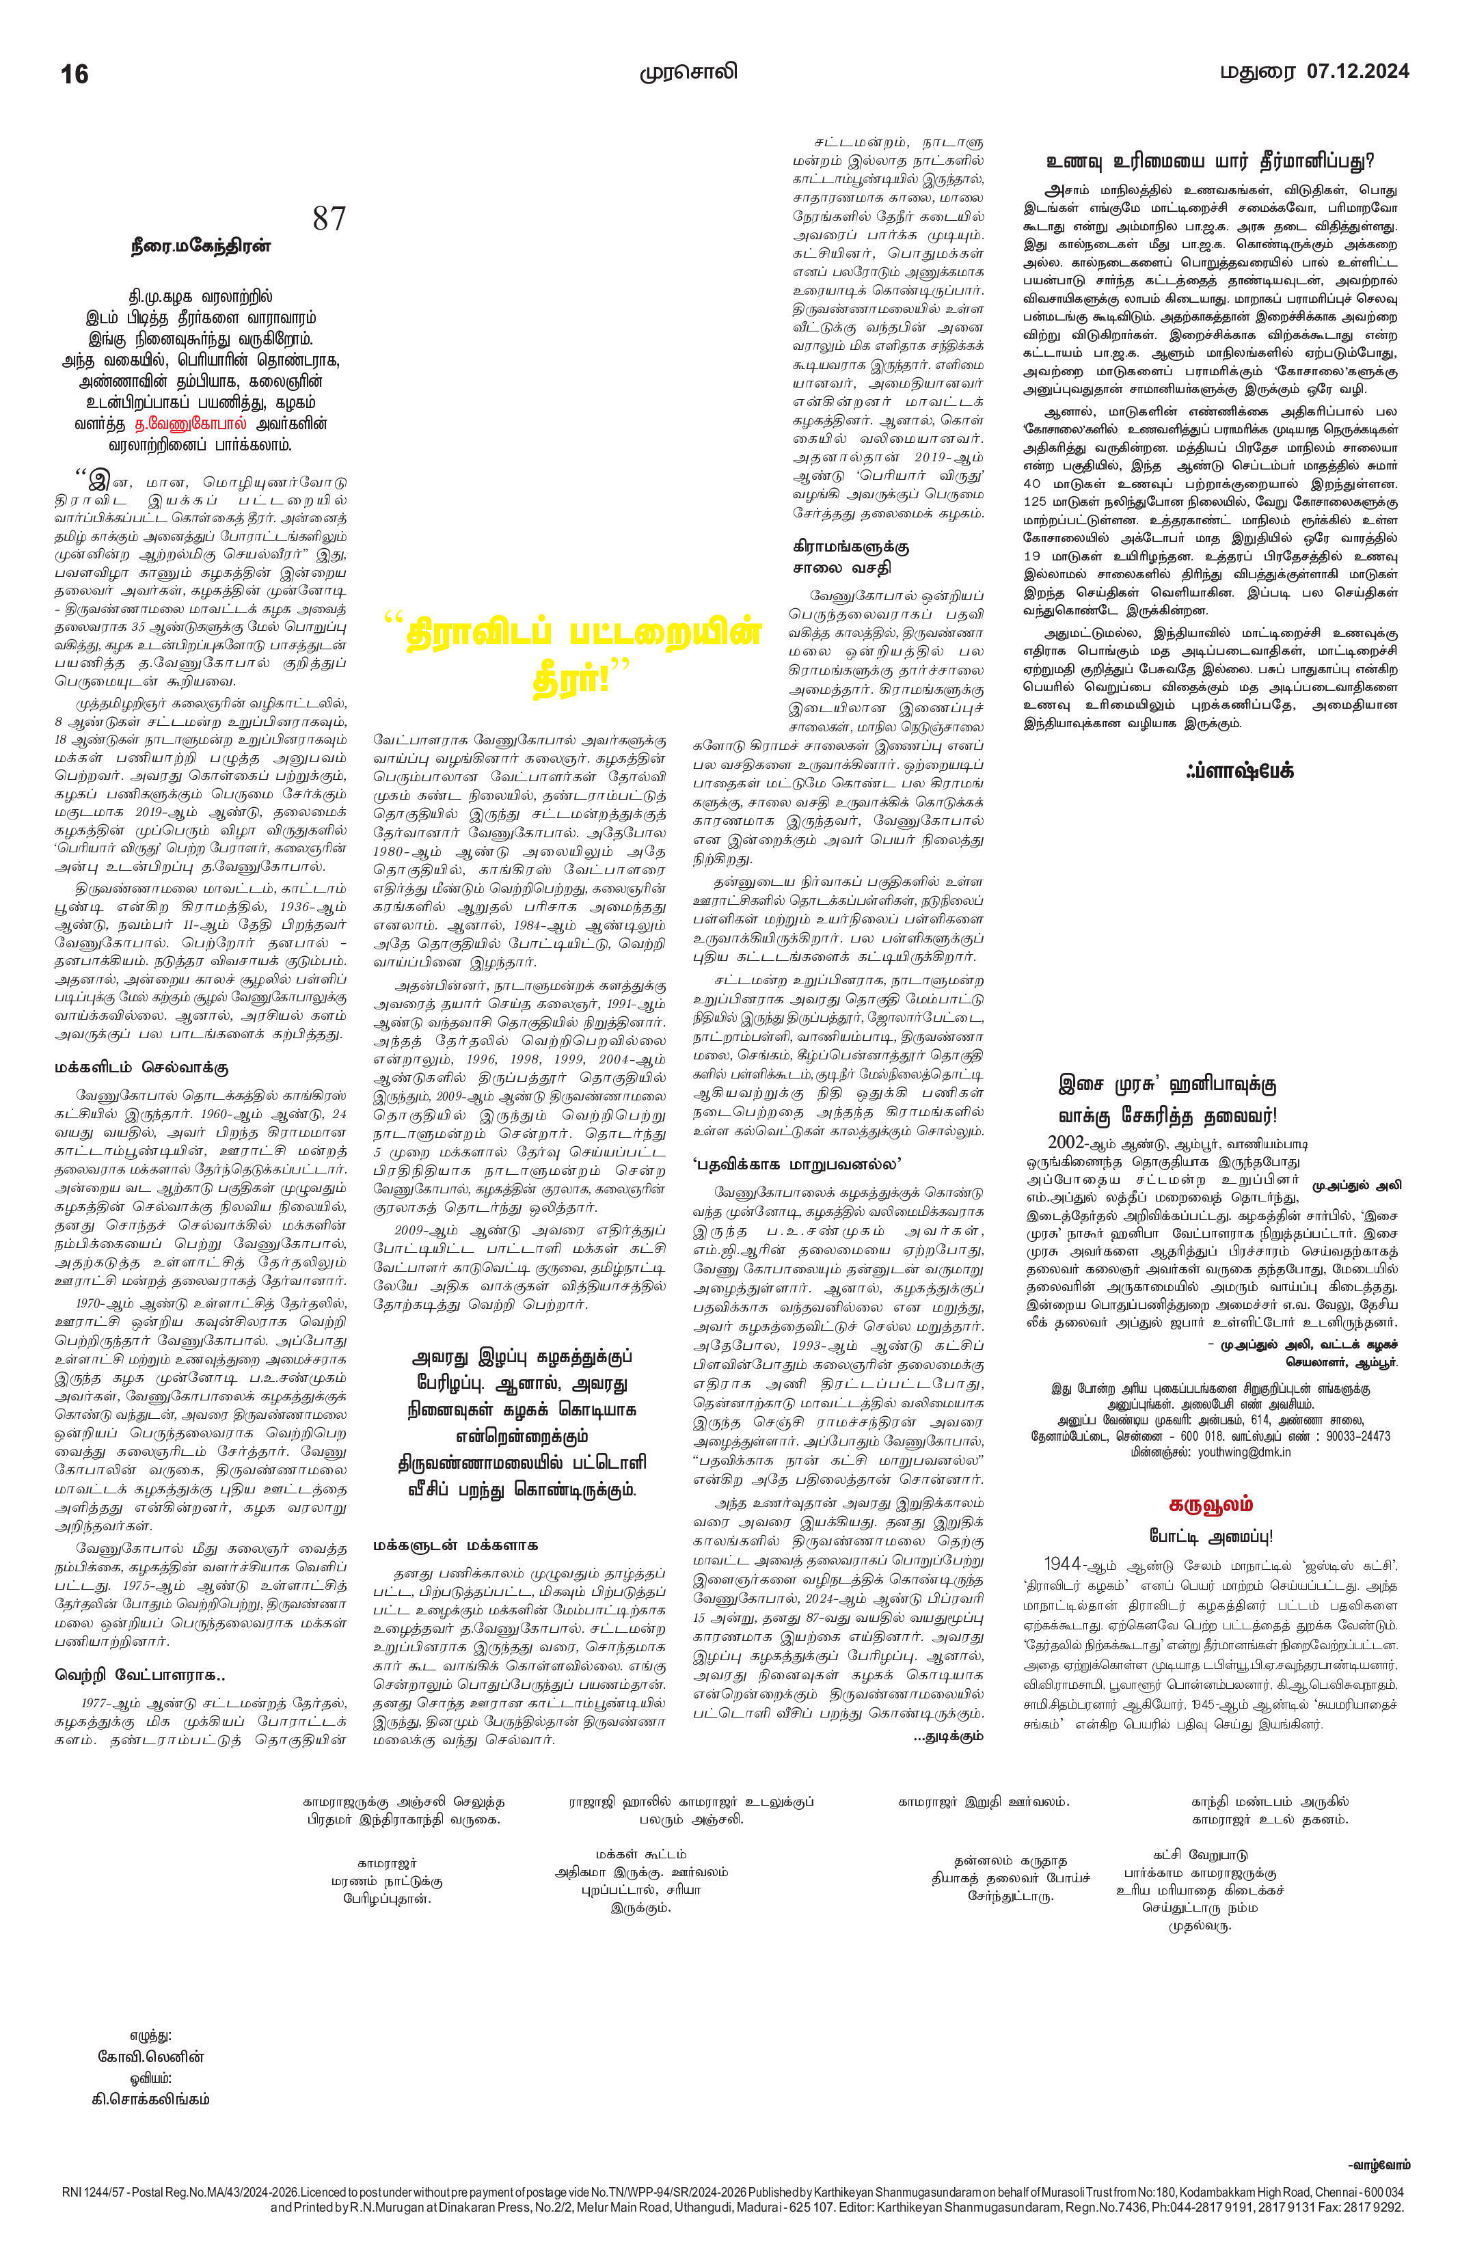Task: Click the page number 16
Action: pyautogui.click(x=75, y=74)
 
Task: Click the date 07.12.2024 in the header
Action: pyautogui.click(x=1357, y=71)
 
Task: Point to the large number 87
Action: pyautogui.click(x=329, y=219)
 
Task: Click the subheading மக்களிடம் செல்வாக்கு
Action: pyautogui.click(x=141, y=1068)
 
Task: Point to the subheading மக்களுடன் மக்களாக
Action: pyautogui.click(x=455, y=1545)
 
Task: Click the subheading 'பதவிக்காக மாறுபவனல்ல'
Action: pyautogui.click(x=797, y=1164)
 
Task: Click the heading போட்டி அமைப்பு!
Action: pyautogui.click(x=1211, y=1536)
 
